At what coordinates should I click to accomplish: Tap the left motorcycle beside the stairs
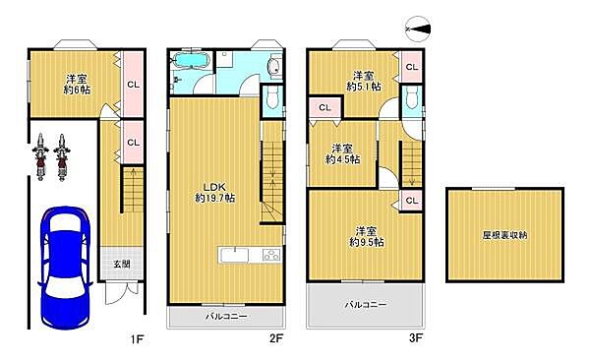(42, 156)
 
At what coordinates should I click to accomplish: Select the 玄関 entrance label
(118, 263)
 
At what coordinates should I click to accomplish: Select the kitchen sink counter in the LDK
(252, 257)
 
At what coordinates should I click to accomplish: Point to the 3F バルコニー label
(366, 305)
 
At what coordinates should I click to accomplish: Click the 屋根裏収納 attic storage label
(504, 235)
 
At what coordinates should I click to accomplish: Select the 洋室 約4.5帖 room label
(343, 153)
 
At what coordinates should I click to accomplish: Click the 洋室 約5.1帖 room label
(363, 81)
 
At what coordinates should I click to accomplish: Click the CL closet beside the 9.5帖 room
(411, 202)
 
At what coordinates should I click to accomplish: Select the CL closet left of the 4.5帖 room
(322, 107)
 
